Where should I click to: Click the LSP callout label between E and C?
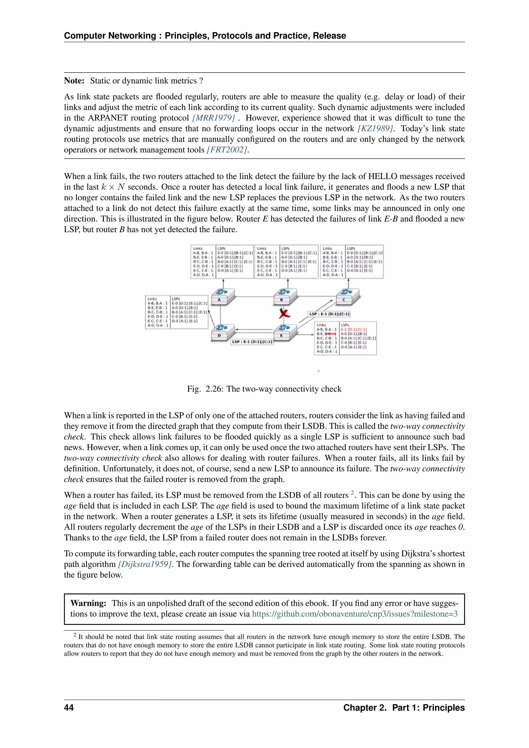[x=329, y=314]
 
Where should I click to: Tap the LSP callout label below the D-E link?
[x=252, y=342]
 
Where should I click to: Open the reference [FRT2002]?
[x=227, y=150]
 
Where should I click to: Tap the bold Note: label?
[x=74, y=81]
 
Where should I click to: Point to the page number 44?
[x=69, y=708]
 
